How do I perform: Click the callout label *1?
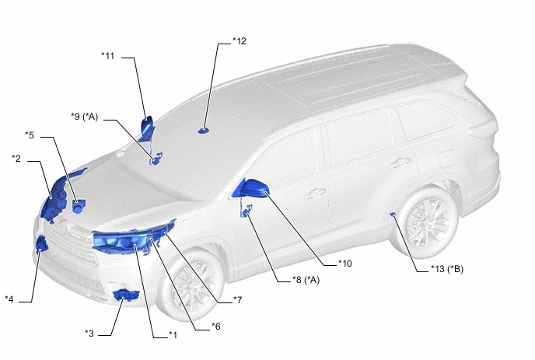point(173,335)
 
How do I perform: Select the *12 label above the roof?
point(240,41)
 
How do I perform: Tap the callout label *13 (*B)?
point(447,269)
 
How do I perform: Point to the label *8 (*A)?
point(306,280)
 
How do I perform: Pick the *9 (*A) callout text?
point(84,117)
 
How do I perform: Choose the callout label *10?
point(344,264)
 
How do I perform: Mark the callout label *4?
point(9,299)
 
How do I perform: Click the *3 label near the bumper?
point(89,333)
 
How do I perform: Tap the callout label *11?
point(108,56)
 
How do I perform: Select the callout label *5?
point(30,135)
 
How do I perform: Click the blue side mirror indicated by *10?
point(250,188)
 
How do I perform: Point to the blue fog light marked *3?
point(125,295)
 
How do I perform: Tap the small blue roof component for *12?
point(204,131)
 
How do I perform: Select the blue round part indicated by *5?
point(79,206)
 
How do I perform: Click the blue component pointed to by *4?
point(42,243)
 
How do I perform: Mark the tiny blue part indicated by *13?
point(393,214)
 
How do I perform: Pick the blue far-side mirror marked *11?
point(148,130)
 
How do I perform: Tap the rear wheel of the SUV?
point(428,223)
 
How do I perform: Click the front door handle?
point(315,194)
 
